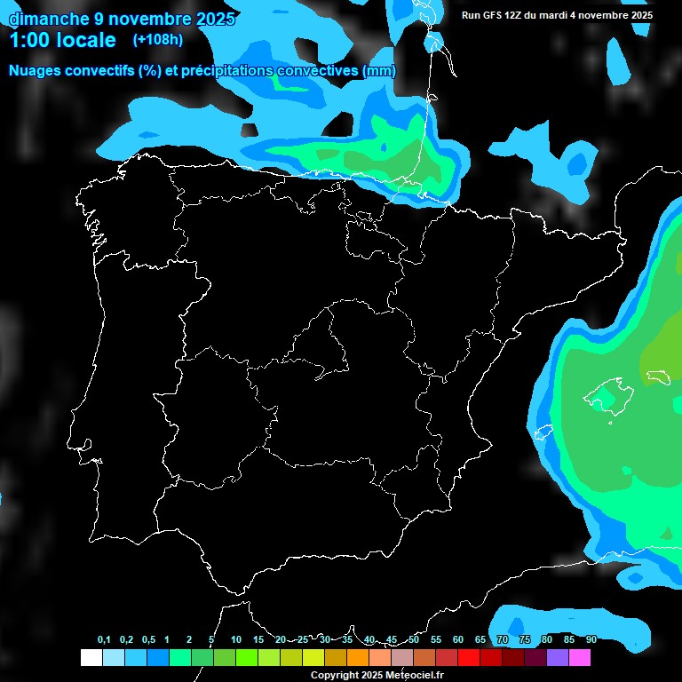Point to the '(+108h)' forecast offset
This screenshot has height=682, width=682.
157,40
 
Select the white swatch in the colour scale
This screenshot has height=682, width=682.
91,658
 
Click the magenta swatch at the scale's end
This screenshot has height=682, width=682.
580,658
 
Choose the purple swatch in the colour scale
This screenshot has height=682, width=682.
558,658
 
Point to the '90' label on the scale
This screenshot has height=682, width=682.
591,640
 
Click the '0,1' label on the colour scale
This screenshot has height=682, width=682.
104,640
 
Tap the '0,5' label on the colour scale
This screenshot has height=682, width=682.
148,640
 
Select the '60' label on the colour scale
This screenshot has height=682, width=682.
458,640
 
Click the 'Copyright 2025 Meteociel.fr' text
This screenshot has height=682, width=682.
377,676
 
